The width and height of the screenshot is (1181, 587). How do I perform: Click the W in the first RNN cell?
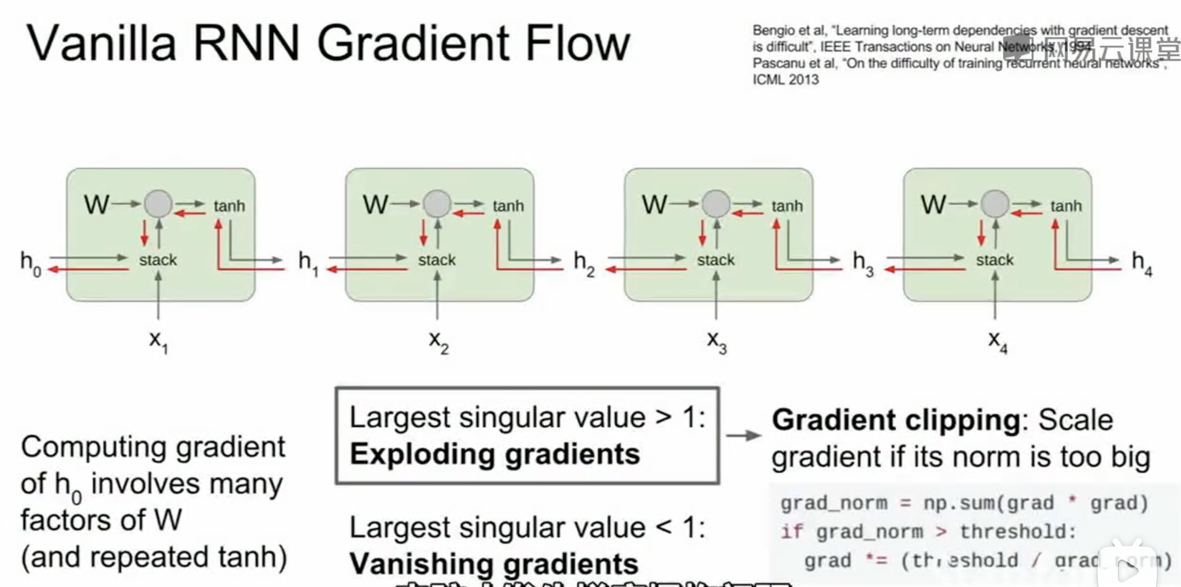[96, 205]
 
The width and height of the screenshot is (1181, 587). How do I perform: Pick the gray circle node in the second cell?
[437, 204]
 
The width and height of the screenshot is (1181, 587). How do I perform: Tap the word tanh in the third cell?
[787, 206]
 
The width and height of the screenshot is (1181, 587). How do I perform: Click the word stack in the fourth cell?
[994, 260]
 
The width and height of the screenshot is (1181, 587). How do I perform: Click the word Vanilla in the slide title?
[101, 44]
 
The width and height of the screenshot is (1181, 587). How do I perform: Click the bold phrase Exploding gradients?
[495, 454]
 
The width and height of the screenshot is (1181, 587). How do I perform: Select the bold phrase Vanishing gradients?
[493, 564]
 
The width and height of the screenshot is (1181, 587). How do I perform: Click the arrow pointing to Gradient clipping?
[743, 436]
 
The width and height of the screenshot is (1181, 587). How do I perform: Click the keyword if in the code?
[791, 532]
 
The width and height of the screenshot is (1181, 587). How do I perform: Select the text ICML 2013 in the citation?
[785, 80]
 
